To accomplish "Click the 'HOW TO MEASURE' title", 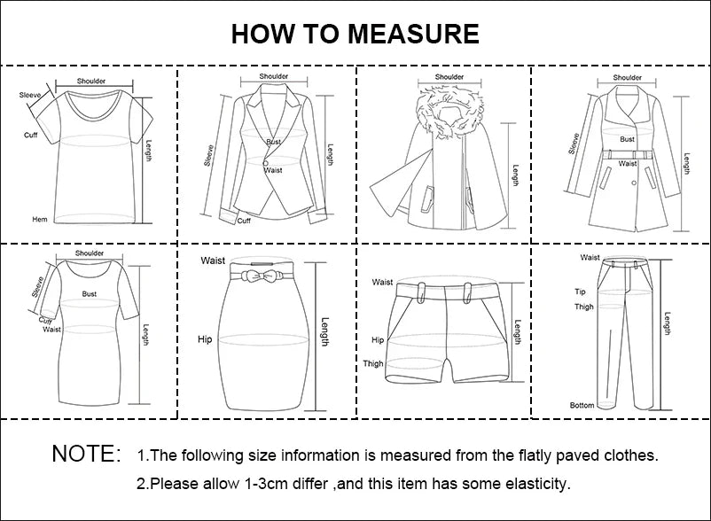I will (x=355, y=34).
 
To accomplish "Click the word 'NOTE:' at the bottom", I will (x=86, y=455).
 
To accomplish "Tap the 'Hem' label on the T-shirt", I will (x=39, y=219).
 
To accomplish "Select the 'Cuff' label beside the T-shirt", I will (x=31, y=135).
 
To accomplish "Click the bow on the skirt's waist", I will (x=261, y=276).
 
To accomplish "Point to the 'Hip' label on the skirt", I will (x=205, y=339).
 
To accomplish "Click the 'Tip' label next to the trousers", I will (x=580, y=292).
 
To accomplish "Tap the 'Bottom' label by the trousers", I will (x=582, y=405).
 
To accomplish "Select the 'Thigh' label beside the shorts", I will (x=373, y=364).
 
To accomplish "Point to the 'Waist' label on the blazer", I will (x=273, y=169).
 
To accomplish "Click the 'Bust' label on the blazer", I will (x=273, y=142).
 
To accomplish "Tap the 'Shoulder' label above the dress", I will (x=90, y=253).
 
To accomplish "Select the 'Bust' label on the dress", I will (x=90, y=293).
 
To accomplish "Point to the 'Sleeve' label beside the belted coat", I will (x=574, y=143).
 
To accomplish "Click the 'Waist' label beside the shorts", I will (x=382, y=283).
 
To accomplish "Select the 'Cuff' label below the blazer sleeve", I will (x=244, y=221).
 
